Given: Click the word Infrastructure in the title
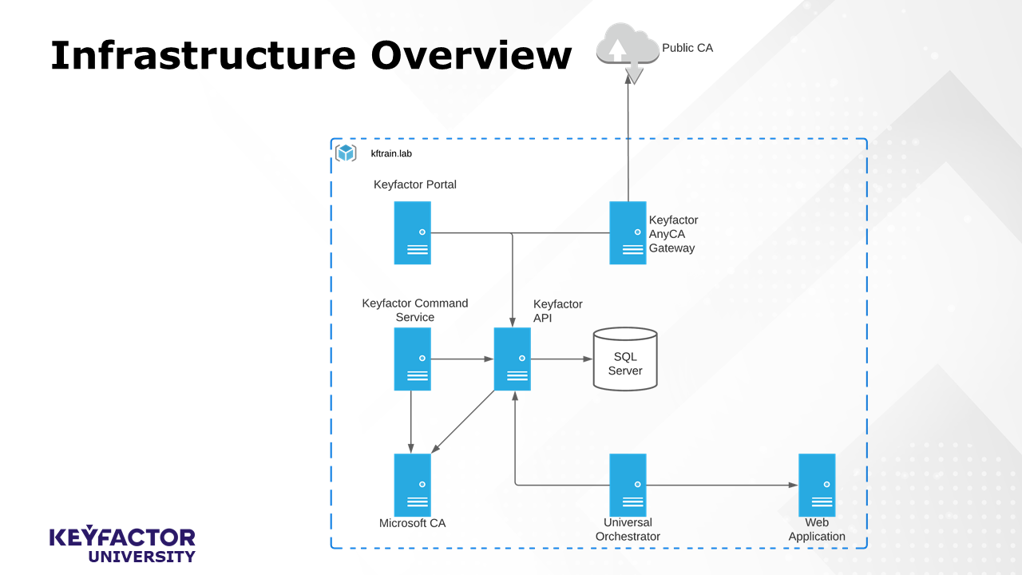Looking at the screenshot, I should tap(203, 56).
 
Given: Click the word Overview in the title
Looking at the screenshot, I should tap(471, 56).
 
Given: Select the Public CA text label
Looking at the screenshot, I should tap(687, 48).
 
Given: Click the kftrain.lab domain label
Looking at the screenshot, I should tap(391, 153).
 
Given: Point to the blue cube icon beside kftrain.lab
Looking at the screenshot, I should tap(346, 153).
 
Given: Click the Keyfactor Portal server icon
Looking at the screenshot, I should tap(412, 232).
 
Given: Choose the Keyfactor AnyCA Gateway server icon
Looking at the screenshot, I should tap(628, 232).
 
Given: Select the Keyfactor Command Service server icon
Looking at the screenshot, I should tap(412, 359).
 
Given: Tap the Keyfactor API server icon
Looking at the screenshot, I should tap(512, 359).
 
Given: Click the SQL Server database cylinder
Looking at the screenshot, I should tap(625, 359).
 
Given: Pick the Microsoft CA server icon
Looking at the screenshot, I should tap(412, 485).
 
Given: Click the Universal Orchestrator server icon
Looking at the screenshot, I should tap(628, 485).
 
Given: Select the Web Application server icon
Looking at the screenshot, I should tap(817, 485).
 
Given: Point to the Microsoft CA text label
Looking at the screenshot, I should tap(412, 523).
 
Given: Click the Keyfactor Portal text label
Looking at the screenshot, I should tap(415, 184).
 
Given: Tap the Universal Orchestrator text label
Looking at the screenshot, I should tap(628, 529).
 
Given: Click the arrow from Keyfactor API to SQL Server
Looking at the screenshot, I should tap(561, 359).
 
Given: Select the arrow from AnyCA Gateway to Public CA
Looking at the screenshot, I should tap(628, 144).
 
